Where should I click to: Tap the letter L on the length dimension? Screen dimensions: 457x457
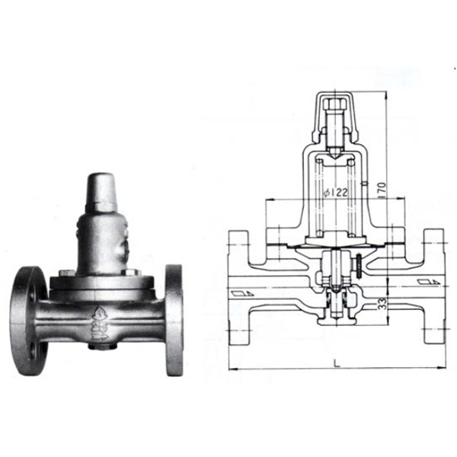tap(336, 363)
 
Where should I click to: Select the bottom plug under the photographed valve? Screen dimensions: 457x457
tap(97, 346)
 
